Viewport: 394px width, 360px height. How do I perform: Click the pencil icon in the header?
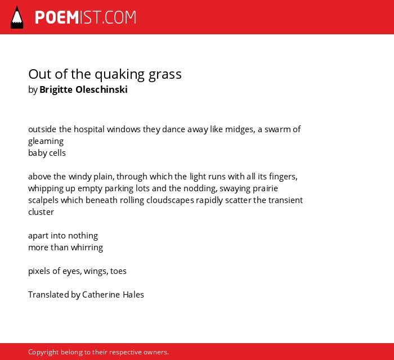(17, 17)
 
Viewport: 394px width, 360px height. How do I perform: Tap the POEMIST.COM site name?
(86, 17)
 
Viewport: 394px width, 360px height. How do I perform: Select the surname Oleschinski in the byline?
(101, 89)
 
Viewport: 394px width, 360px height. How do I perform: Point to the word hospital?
(89, 129)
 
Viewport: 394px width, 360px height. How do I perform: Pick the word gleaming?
(46, 141)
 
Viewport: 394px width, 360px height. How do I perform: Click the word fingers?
(283, 177)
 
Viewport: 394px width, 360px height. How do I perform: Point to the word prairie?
(265, 188)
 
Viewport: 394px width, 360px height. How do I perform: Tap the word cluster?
(41, 212)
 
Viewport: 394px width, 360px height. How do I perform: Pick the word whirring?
(87, 248)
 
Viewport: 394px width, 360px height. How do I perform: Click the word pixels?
(39, 271)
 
